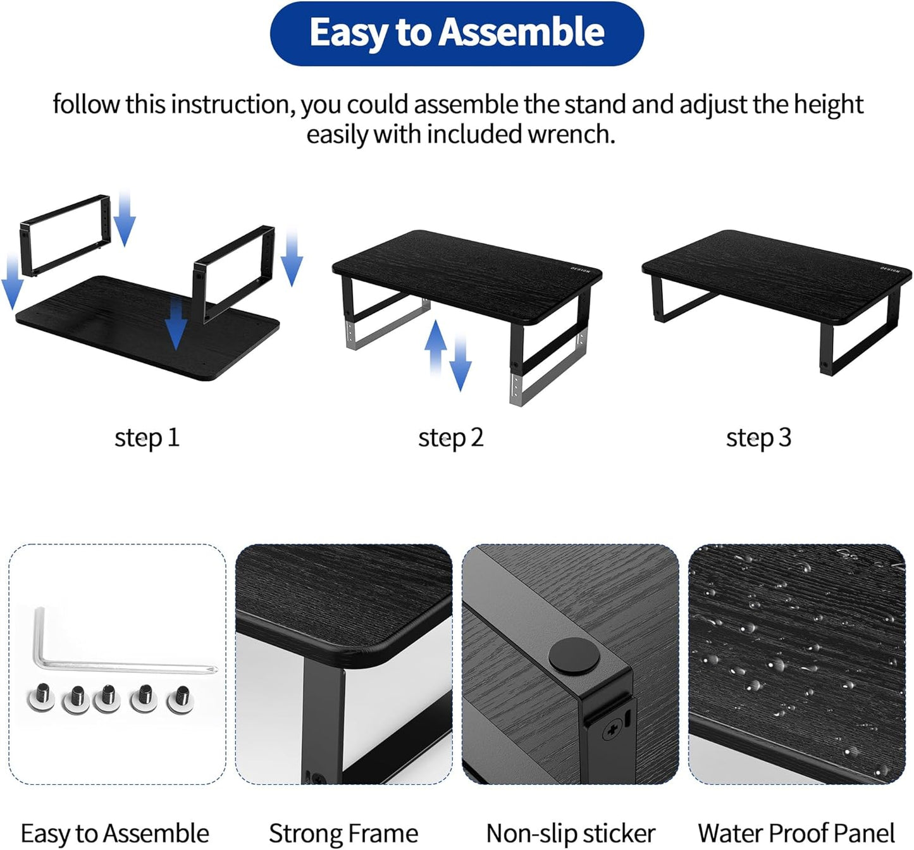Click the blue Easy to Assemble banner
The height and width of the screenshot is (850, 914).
point(457,33)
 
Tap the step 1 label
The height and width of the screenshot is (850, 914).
point(147,438)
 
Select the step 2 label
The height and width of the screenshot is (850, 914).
point(450,438)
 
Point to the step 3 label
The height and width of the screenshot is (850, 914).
point(758,438)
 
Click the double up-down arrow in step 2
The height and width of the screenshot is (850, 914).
point(447,354)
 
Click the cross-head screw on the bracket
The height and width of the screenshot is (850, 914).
point(611,732)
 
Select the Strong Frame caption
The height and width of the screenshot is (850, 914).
point(343,834)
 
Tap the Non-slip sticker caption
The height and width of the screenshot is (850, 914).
point(570,834)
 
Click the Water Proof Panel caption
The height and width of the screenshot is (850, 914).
point(796,834)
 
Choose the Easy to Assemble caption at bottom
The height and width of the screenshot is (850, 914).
point(114,834)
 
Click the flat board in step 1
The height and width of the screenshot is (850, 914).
point(127,329)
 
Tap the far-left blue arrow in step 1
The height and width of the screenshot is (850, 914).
point(12,285)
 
